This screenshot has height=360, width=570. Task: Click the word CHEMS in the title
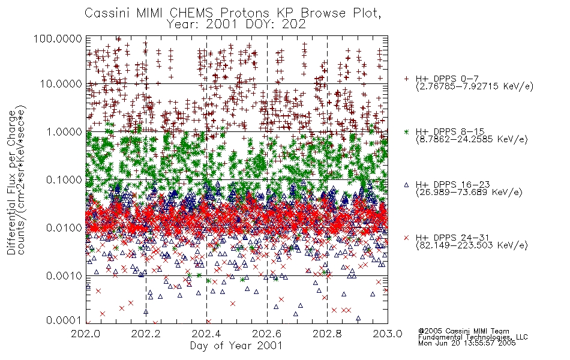click(191, 13)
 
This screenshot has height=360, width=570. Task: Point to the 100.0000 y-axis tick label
click(58, 38)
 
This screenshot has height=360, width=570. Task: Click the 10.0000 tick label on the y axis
click(61, 84)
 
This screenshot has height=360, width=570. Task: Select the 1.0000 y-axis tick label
click(64, 131)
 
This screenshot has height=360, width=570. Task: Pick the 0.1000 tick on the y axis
click(64, 179)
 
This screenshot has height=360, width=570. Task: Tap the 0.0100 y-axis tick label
click(64, 228)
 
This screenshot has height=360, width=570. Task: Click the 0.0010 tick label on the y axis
click(64, 276)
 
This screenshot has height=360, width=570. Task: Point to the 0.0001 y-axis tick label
click(64, 320)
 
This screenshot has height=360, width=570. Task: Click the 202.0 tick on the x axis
click(86, 334)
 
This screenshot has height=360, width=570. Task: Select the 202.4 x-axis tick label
click(206, 334)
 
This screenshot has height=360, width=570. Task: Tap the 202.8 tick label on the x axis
click(327, 334)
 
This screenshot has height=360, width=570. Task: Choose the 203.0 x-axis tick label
click(388, 334)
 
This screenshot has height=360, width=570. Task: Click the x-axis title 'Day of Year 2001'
click(236, 346)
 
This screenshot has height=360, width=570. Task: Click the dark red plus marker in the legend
click(406, 79)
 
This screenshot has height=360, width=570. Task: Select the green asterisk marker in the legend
click(406, 131)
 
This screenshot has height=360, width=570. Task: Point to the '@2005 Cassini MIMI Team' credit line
click(464, 331)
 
